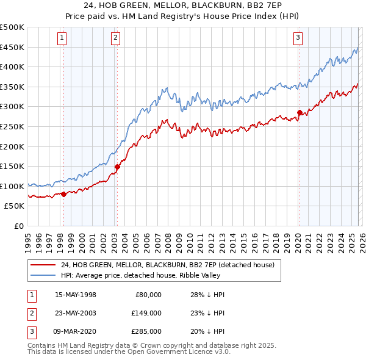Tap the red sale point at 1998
[63, 194]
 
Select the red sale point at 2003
[117, 167]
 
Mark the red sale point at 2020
[300, 112]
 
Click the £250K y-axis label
[12, 126]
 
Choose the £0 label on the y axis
[20, 226]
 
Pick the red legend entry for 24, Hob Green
[168, 265]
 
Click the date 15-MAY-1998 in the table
[75, 295]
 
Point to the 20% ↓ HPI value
[207, 331]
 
